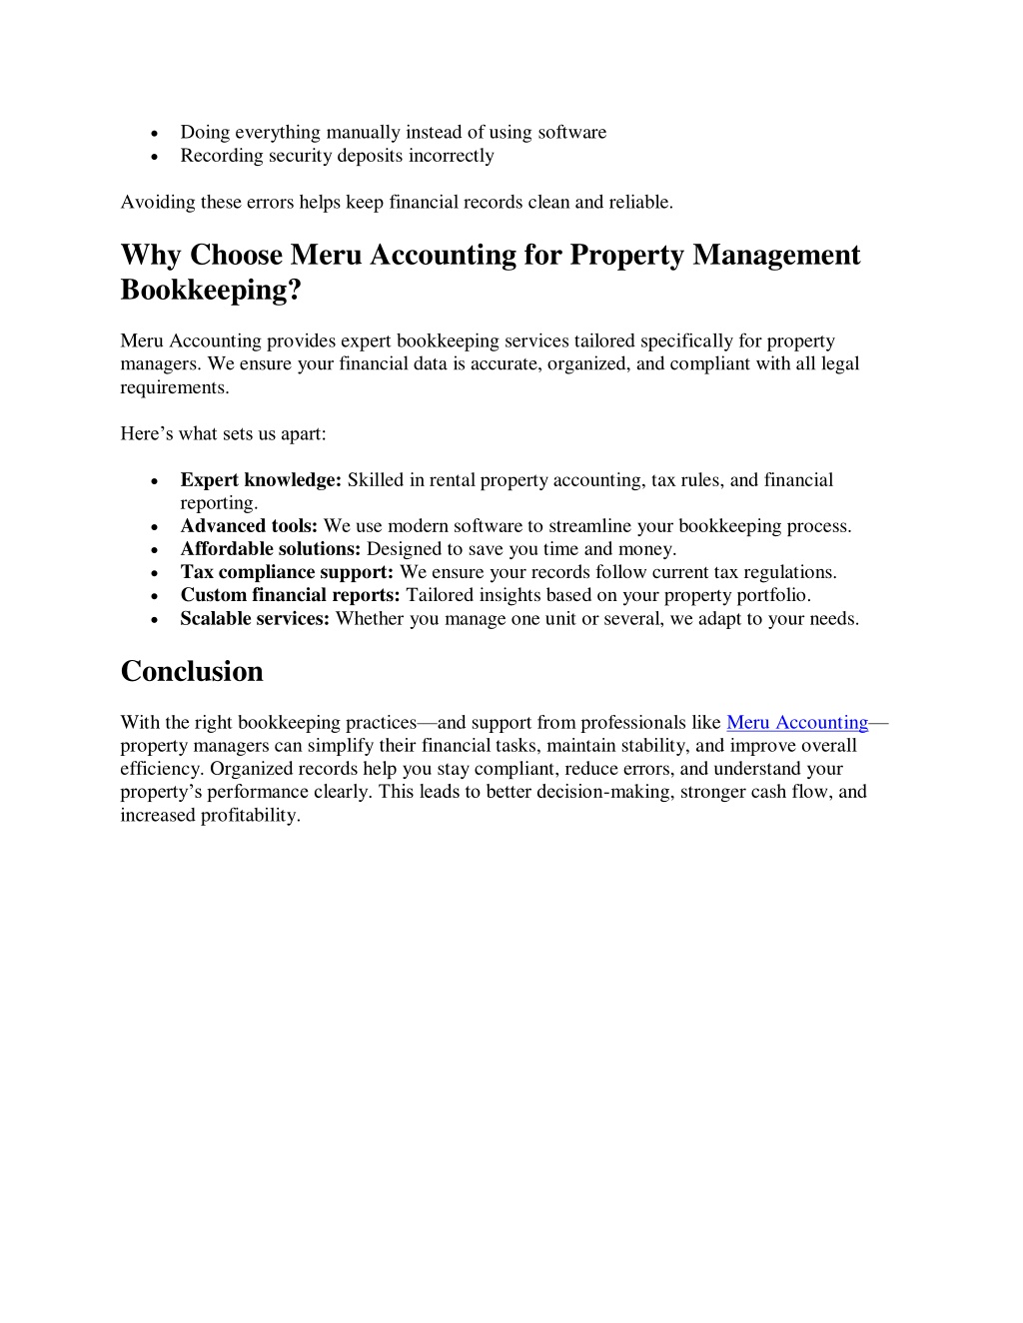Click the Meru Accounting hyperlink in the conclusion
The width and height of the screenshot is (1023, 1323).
click(797, 722)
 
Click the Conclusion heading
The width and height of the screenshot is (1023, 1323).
click(192, 671)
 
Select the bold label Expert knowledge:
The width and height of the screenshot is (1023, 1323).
click(261, 480)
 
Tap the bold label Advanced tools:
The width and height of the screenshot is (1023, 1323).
click(249, 526)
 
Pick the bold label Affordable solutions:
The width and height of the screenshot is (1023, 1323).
click(270, 549)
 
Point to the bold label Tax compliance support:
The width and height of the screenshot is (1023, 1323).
click(287, 572)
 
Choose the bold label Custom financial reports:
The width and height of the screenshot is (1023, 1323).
click(290, 595)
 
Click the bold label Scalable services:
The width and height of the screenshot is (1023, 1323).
click(255, 619)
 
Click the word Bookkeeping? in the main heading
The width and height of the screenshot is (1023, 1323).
click(211, 290)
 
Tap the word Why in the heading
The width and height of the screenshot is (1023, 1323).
click(151, 256)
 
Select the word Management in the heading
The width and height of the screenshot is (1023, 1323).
click(776, 256)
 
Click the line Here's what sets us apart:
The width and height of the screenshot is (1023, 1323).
click(223, 433)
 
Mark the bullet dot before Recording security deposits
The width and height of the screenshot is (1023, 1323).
click(155, 157)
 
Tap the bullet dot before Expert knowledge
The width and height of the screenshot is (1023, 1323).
click(155, 481)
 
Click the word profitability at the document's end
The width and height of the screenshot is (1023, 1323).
click(249, 815)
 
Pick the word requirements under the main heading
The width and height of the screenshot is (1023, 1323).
click(173, 387)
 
